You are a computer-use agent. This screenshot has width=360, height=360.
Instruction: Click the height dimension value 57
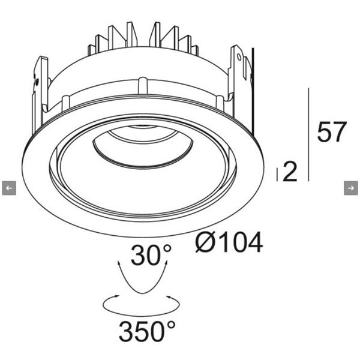click(x=331, y=132)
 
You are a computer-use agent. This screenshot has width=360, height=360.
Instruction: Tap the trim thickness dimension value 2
click(x=290, y=172)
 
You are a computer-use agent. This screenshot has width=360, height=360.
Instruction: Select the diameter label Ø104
click(x=229, y=242)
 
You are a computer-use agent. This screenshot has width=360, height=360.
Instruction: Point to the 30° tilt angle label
click(x=151, y=255)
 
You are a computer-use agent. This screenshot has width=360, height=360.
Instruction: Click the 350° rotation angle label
click(x=147, y=331)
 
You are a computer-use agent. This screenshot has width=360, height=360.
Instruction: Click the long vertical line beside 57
click(x=308, y=134)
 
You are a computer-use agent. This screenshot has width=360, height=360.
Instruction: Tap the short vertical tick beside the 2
click(x=277, y=175)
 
